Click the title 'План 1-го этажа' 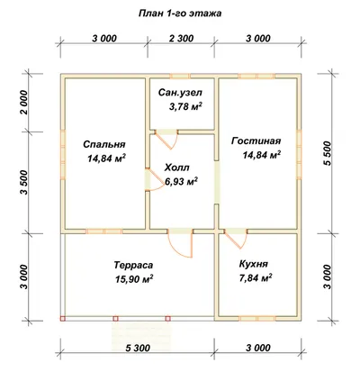coord(180,14)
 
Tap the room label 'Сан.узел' coord(180,93)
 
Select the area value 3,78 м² coord(185,106)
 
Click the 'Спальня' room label coord(104,144)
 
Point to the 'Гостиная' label coord(256,141)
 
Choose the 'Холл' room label coord(176,168)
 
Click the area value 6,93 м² coord(181,181)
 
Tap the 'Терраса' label coord(133,266)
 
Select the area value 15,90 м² coord(134,279)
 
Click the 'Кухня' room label coord(254,264)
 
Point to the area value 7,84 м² coord(256,278)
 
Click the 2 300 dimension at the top coord(180,39)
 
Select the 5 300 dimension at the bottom coord(138,348)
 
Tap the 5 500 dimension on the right coord(328,153)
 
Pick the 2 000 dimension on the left coord(24,103)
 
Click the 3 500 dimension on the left coord(24,182)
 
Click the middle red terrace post coord(115,319)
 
